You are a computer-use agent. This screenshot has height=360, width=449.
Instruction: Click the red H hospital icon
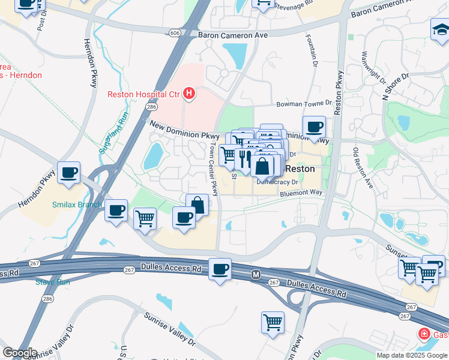pyautogui.click(x=190, y=94)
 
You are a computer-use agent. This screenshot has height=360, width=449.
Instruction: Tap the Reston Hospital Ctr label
pyautogui.click(x=144, y=94)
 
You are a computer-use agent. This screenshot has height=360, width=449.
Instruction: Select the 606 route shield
pyautogui.click(x=174, y=32)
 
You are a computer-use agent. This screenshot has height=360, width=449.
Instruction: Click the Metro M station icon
pyautogui.click(x=256, y=275)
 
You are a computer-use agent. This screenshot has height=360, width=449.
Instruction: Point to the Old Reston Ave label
pyautogui.click(x=363, y=168)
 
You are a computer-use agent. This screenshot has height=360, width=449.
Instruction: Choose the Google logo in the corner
pyautogui.click(x=20, y=353)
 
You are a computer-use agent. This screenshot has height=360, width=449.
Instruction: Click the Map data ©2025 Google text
pyautogui.click(x=411, y=355)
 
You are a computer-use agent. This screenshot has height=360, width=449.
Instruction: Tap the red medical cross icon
pyautogui.click(x=424, y=334)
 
